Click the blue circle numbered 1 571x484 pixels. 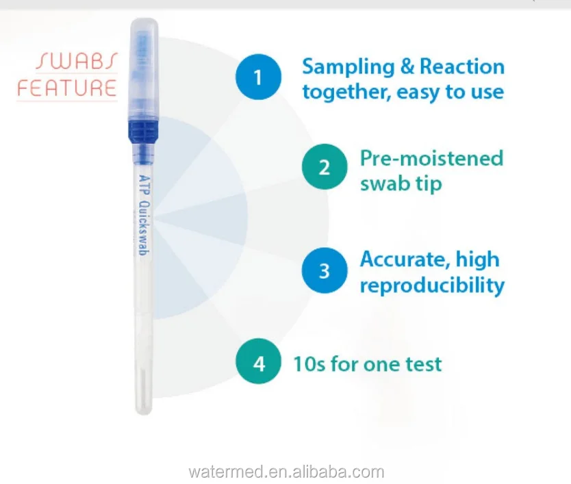(258, 77)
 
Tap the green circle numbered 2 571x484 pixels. (325, 168)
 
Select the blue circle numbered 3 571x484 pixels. (325, 271)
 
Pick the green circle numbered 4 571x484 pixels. (259, 363)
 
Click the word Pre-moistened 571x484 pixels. (431, 159)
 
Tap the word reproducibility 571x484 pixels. (432, 285)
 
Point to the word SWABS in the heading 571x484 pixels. (77, 62)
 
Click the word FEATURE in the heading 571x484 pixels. (67, 88)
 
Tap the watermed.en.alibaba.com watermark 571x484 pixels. (285, 472)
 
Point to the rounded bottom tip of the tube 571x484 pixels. (144, 408)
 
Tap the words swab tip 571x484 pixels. (401, 183)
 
